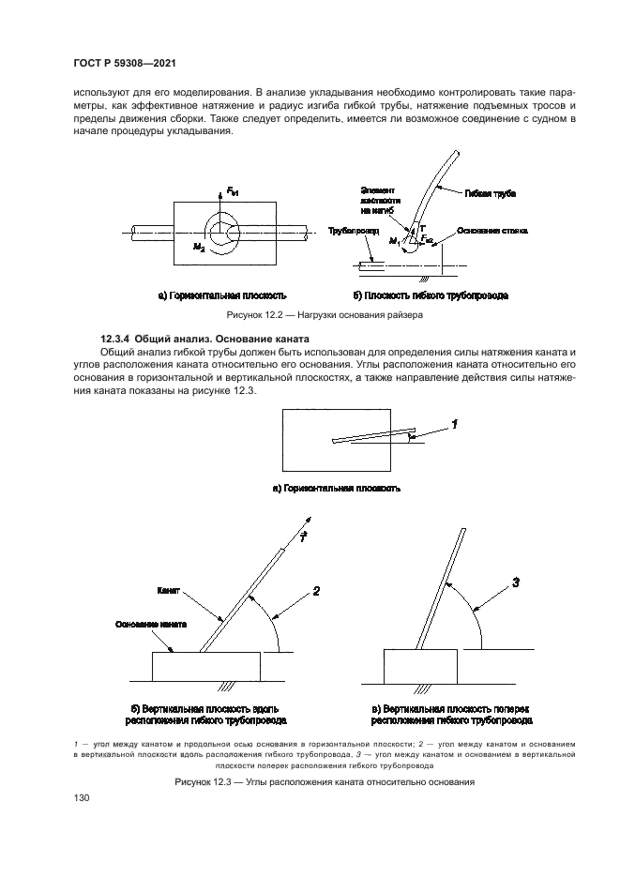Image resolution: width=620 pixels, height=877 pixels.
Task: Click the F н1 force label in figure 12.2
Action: pos(233,192)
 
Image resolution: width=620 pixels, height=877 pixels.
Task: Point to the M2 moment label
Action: pos(199,246)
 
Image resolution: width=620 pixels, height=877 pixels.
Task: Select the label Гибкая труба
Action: pos(490,192)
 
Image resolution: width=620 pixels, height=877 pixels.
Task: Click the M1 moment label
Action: pos(395,241)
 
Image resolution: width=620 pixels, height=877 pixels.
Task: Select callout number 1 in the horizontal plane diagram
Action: pos(454,424)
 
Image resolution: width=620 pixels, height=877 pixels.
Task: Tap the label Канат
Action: pos(168,593)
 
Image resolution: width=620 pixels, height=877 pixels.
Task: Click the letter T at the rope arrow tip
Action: pos(303,536)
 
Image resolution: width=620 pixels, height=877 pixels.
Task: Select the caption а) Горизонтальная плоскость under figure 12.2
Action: pos(220,295)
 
